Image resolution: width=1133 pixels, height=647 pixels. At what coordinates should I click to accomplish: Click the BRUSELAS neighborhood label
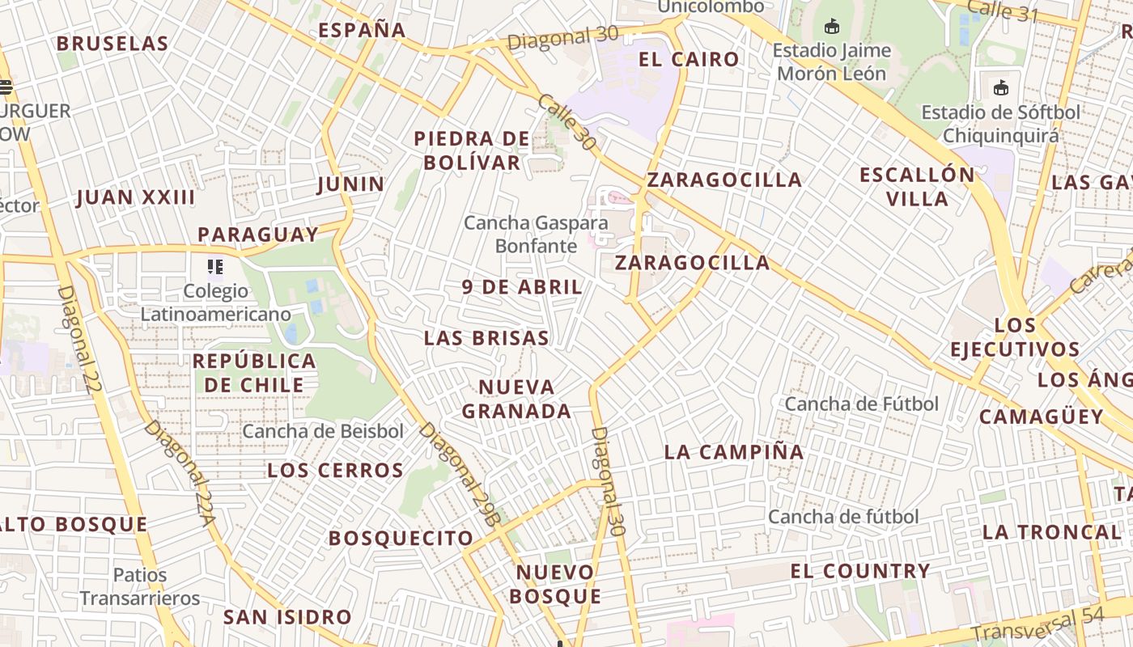[112, 44]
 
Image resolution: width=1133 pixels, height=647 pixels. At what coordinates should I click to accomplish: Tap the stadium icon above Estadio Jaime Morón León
[831, 27]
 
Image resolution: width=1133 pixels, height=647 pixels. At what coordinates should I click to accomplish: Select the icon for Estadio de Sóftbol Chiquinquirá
[1001, 87]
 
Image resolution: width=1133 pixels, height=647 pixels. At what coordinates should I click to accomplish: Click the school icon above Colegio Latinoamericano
[215, 266]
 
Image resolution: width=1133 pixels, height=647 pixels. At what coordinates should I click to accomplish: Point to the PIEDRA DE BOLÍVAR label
[472, 150]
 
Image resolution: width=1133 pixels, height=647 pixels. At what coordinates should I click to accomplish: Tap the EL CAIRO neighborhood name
[689, 59]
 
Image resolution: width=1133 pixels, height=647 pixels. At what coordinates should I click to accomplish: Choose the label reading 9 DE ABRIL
[522, 287]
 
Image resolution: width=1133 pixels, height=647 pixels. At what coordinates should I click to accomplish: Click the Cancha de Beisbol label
[322, 431]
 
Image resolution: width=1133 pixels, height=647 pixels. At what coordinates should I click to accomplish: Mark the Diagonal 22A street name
[180, 472]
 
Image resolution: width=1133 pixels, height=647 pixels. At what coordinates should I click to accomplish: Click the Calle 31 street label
[1001, 11]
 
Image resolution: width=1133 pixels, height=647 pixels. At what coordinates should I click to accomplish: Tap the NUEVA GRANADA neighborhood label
[516, 399]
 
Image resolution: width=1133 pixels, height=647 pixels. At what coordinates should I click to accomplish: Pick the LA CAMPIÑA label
[734, 452]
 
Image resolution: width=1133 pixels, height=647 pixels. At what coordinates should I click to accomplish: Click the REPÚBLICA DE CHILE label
[254, 373]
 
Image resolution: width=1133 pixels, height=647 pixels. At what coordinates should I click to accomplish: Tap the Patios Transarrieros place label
[139, 586]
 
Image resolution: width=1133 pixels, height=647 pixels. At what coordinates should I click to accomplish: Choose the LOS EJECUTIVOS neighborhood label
[1015, 337]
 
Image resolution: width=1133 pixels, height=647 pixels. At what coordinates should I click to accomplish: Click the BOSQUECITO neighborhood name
[401, 538]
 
